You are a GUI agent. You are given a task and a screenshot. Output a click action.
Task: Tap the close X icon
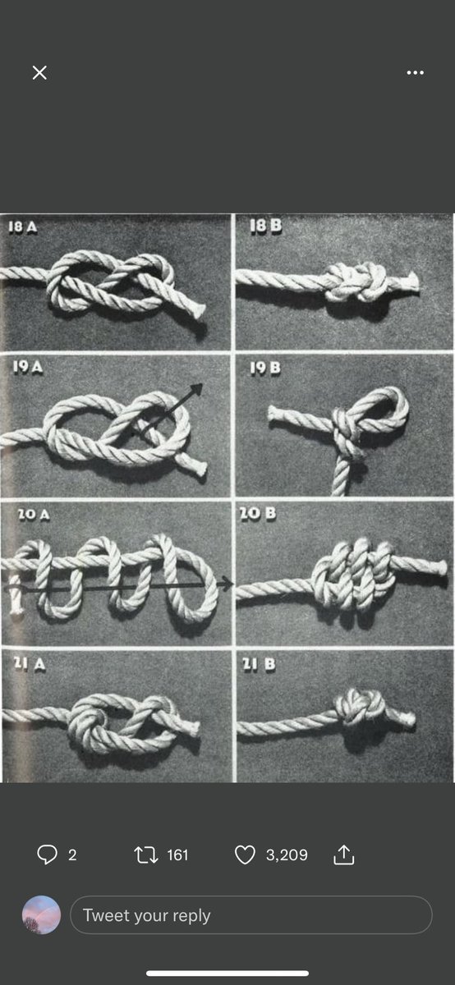pyautogui.click(x=39, y=72)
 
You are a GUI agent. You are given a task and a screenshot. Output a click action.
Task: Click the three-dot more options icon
pyautogui.click(x=415, y=72)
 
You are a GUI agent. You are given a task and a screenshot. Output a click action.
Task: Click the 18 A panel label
pyautogui.click(x=22, y=227)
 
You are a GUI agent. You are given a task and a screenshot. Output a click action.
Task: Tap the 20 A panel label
pyautogui.click(x=33, y=515)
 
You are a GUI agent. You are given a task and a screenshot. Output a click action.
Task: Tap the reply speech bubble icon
pyautogui.click(x=47, y=854)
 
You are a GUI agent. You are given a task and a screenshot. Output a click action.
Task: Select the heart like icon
pyautogui.click(x=245, y=854)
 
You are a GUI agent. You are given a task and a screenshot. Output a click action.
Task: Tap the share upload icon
pyautogui.click(x=343, y=854)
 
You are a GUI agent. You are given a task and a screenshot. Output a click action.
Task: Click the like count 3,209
pyautogui.click(x=287, y=854)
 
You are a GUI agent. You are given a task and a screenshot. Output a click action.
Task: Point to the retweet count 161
pyautogui.click(x=177, y=854)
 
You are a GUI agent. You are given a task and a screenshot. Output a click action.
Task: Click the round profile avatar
pyautogui.click(x=41, y=915)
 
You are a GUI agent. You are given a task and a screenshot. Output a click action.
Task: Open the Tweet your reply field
pyautogui.click(x=250, y=915)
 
